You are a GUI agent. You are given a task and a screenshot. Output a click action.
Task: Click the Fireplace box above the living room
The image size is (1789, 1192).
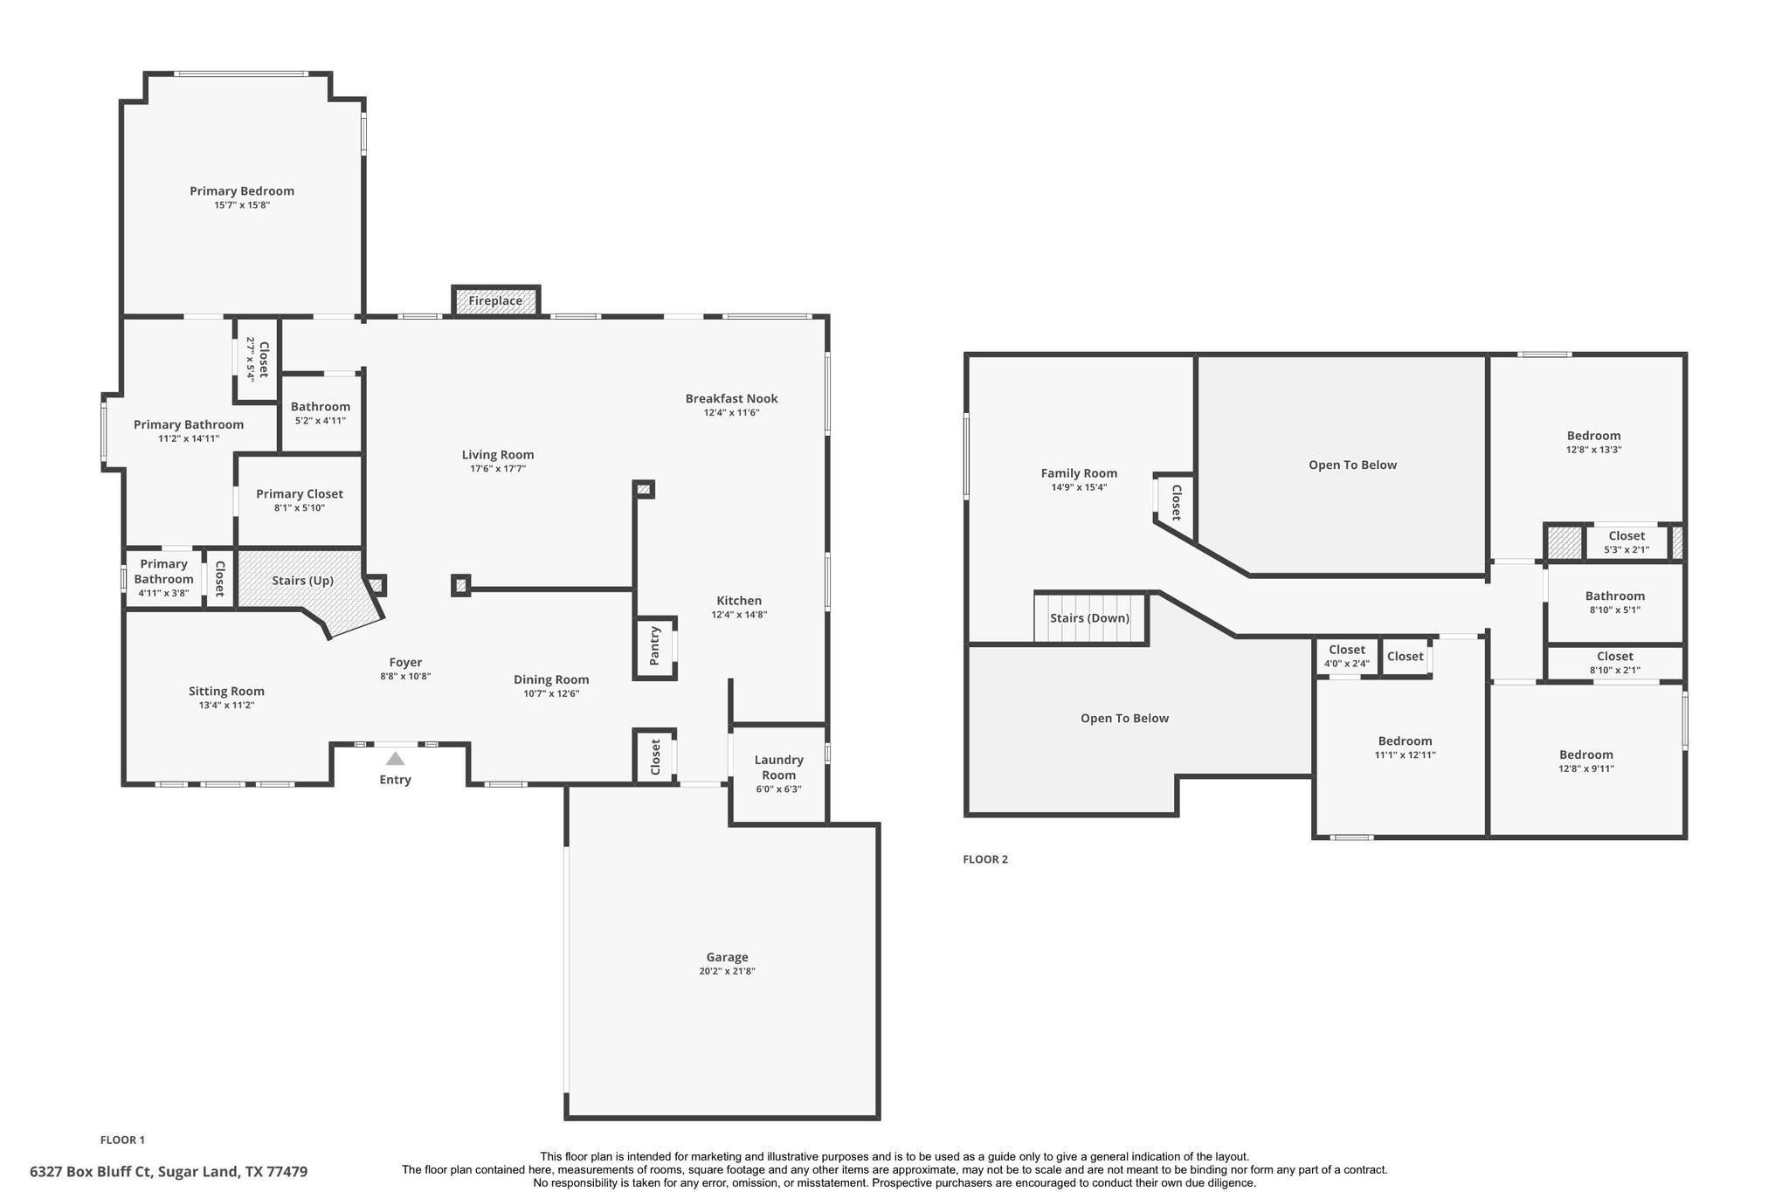click(x=495, y=300)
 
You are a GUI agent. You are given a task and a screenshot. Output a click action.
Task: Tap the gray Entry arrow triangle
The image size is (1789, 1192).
click(x=395, y=759)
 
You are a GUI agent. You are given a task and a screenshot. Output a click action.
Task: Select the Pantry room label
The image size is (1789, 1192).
click(x=655, y=646)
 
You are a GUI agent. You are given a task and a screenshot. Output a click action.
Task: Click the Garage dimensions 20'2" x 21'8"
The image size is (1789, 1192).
click(x=727, y=971)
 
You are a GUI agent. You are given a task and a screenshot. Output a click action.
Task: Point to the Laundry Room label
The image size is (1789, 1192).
click(x=778, y=768)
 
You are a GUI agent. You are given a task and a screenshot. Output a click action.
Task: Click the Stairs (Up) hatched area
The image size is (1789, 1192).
click(x=302, y=581)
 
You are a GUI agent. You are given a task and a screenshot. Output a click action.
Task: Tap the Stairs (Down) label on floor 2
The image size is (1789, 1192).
click(x=1089, y=618)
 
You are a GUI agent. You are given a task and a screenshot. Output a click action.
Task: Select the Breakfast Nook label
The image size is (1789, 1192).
click(x=731, y=399)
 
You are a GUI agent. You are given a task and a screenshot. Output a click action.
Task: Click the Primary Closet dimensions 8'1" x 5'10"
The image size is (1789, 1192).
click(x=300, y=508)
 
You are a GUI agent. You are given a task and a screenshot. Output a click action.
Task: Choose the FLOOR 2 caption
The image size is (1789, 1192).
click(x=985, y=859)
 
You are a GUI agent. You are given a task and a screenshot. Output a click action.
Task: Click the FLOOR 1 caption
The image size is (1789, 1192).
click(x=122, y=1140)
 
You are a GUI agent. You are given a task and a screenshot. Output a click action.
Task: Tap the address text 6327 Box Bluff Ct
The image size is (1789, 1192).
click(x=169, y=1172)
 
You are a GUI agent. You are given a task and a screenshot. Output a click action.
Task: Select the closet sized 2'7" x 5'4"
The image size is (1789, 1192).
click(x=257, y=359)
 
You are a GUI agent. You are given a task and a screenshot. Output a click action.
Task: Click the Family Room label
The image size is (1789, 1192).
click(x=1079, y=473)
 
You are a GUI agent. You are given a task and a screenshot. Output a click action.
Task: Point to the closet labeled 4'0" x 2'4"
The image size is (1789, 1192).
click(x=1346, y=657)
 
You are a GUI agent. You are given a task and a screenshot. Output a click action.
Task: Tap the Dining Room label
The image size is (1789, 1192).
click(x=551, y=679)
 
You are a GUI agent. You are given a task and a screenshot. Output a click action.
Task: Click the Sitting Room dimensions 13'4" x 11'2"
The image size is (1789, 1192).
click(x=226, y=706)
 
